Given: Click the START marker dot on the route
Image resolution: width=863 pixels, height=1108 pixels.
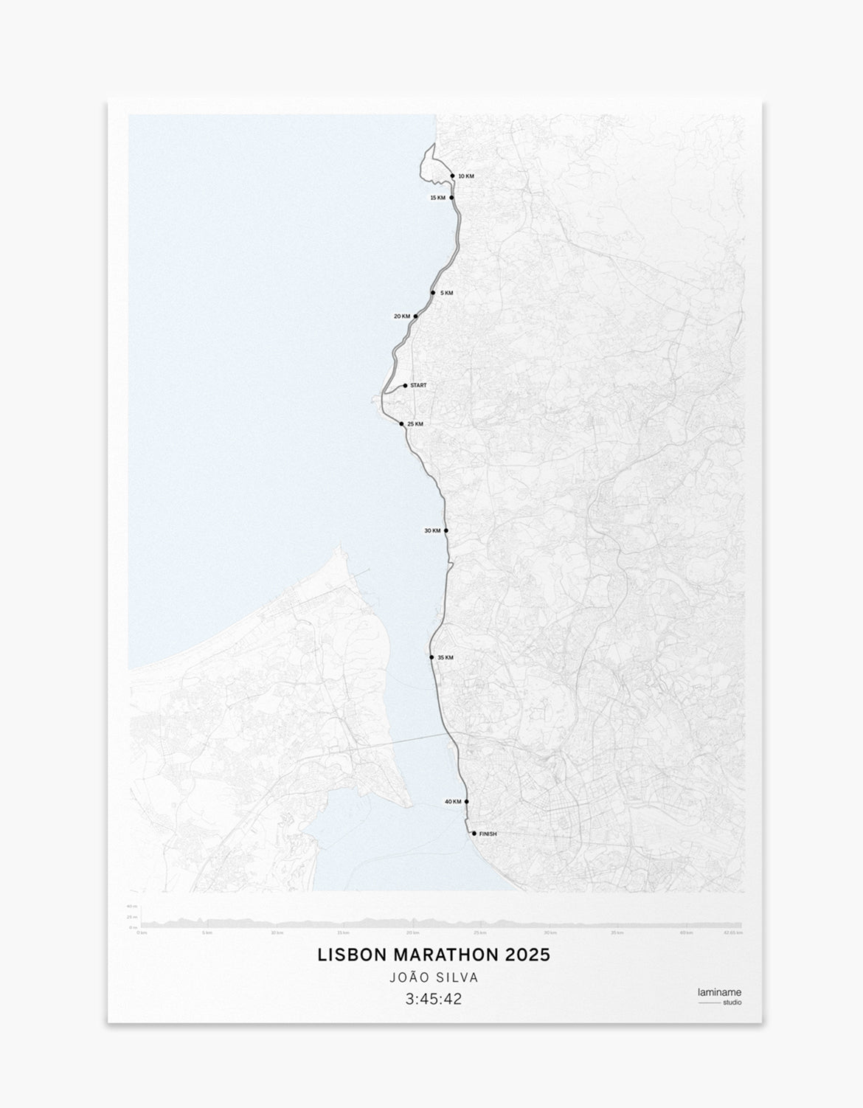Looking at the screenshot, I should (405, 386).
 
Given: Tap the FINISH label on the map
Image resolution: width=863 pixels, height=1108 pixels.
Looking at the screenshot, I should (488, 834).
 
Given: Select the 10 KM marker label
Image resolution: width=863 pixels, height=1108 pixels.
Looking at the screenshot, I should (466, 176).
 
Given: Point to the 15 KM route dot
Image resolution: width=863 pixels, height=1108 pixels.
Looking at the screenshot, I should (451, 198).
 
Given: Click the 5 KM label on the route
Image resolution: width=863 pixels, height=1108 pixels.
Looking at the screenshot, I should (446, 293).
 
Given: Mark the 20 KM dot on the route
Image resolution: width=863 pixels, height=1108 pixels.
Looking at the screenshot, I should (416, 316).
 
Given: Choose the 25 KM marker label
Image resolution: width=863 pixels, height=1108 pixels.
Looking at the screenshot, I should (415, 424).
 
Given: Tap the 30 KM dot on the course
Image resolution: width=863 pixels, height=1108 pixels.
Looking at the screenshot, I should (446, 531).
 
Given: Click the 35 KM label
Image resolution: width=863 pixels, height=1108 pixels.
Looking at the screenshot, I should (446, 657).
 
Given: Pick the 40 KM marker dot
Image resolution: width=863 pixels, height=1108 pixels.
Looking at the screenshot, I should (466, 802).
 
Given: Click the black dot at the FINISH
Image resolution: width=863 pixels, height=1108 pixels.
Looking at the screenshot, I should (474, 834).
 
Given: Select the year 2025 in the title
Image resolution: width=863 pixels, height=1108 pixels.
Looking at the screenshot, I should (528, 955).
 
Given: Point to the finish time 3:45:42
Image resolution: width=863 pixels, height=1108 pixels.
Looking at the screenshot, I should (434, 1000).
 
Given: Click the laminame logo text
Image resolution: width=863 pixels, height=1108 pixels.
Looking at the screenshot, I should (719, 992).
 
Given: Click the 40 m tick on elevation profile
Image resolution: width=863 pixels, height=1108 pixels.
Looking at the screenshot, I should (131, 907).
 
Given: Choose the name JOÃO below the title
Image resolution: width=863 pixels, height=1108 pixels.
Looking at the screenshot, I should (407, 977).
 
